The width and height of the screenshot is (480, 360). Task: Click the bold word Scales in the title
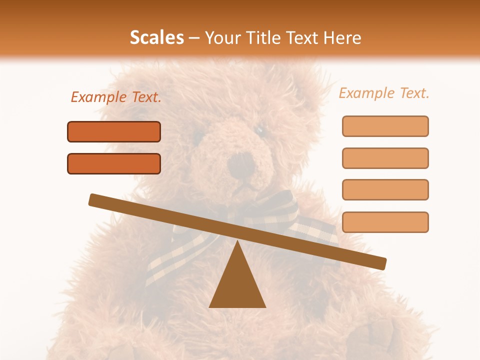pos(156,37)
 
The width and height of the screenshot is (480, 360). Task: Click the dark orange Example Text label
pos(116,97)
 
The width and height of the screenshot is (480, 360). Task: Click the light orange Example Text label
pos(384,93)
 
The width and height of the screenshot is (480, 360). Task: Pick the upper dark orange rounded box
pos(114,131)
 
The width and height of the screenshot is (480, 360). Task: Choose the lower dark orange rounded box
pos(114,163)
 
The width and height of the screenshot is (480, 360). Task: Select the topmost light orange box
pos(385,126)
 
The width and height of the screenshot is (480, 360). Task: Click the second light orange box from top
pos(385,158)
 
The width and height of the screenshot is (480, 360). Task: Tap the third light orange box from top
pos(385,189)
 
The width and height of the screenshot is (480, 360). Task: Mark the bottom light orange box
pos(385,222)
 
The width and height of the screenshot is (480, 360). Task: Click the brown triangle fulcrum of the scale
pos(237,282)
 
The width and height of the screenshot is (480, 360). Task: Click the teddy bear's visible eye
pos(260,130)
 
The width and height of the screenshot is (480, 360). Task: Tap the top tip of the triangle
pos(237,241)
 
